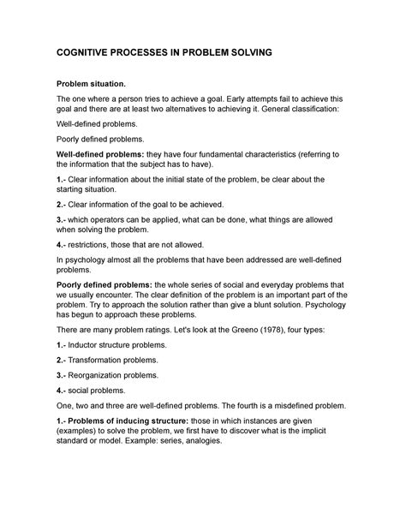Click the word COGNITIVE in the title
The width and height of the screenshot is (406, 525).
[91, 52]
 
